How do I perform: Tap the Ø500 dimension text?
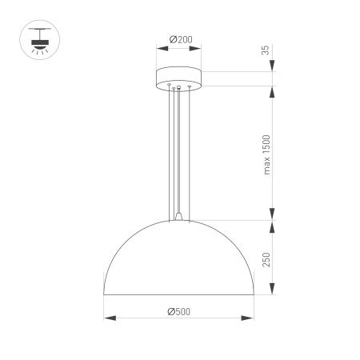tap(178, 312)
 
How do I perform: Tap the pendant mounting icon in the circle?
tap(36, 38)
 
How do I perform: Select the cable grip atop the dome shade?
tap(178, 215)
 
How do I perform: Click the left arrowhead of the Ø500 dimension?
tap(108, 318)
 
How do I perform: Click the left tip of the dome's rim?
tap(105, 294)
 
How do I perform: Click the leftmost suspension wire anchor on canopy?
tap(168, 84)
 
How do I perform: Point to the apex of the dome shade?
tap(178, 220)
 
